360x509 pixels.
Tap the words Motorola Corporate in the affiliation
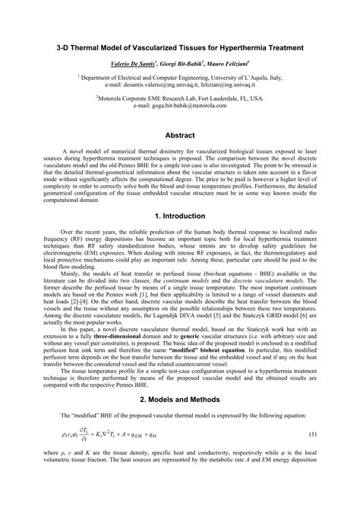(x=131, y=99)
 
